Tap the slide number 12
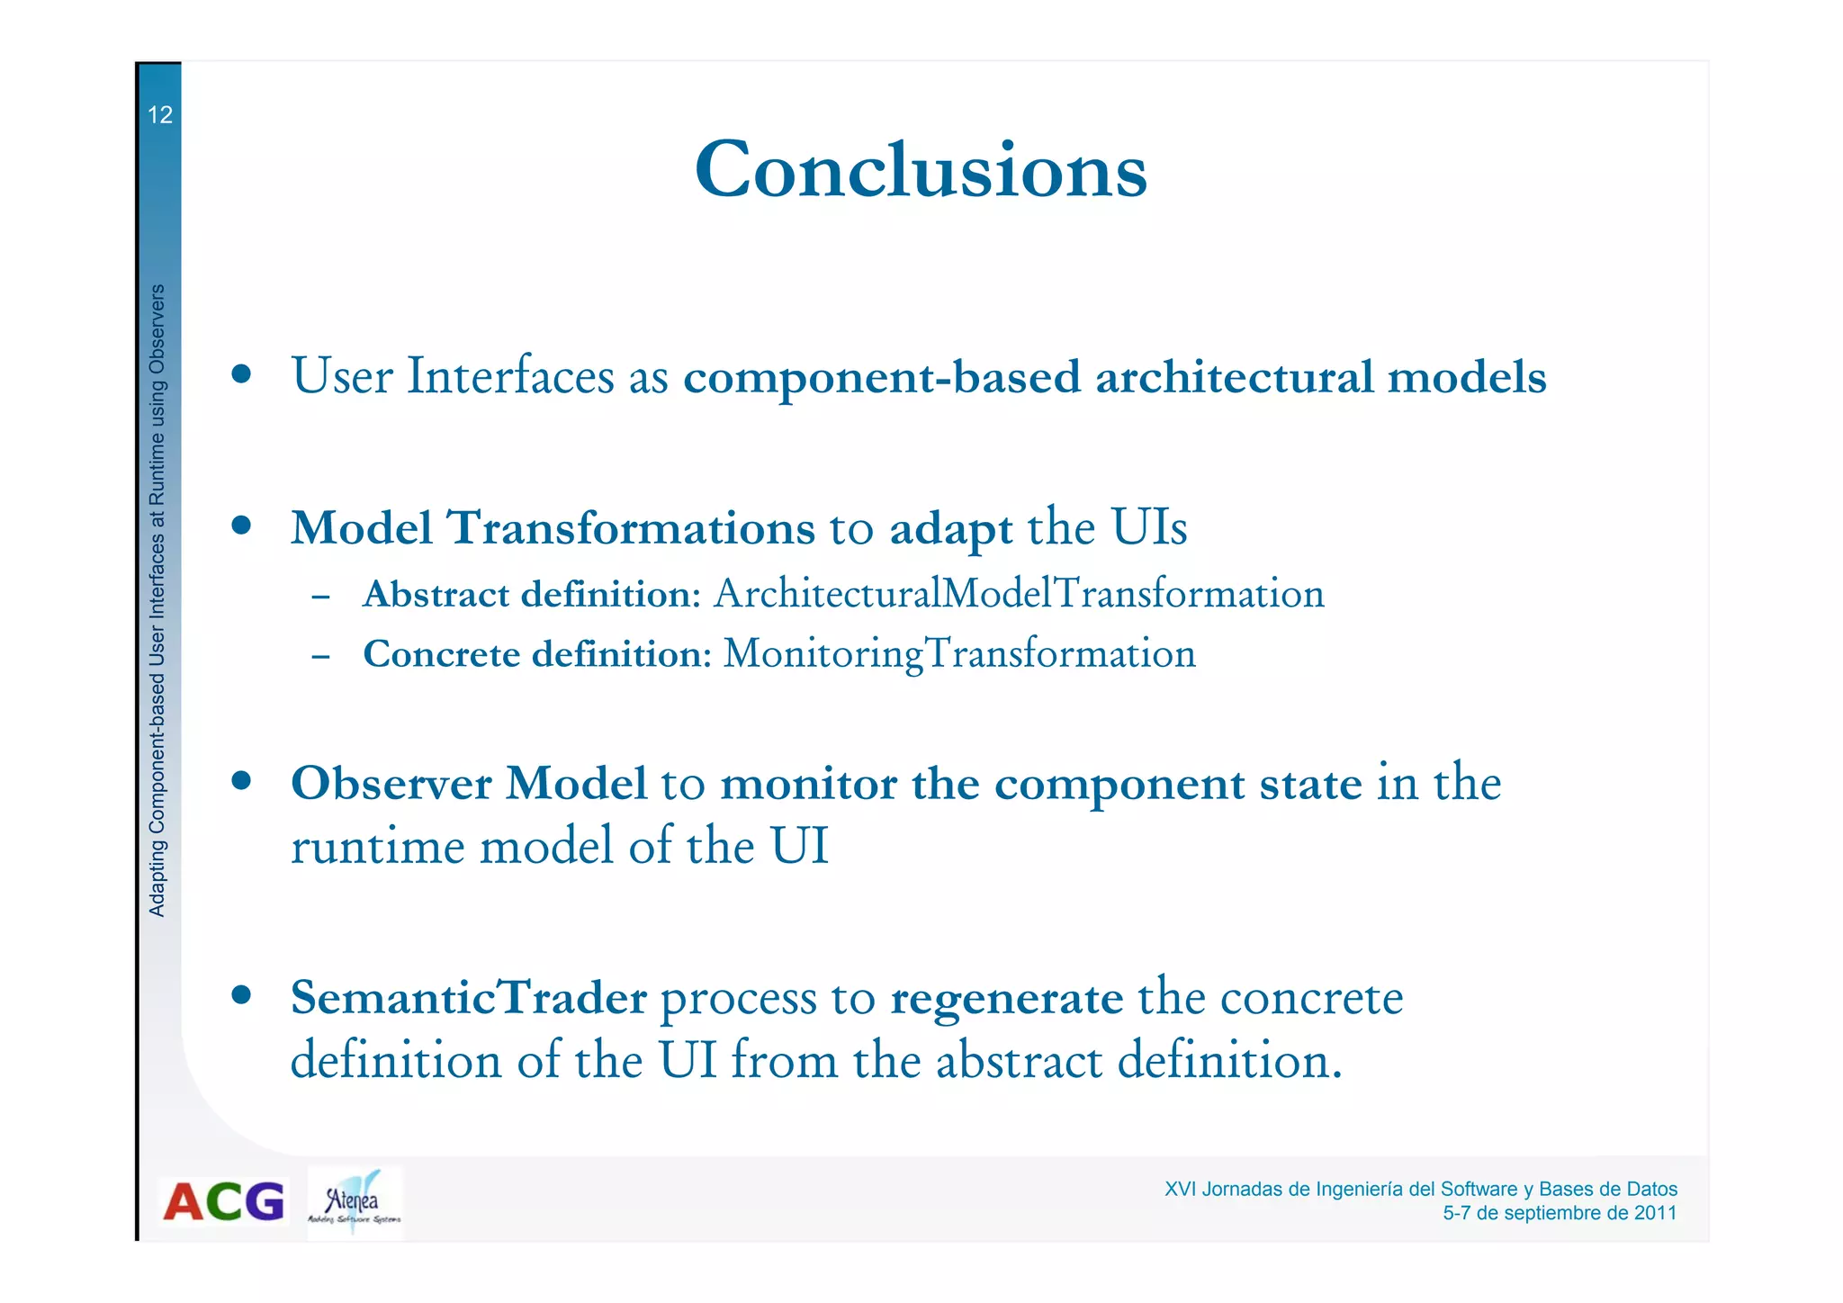(x=159, y=115)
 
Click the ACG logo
(x=223, y=1201)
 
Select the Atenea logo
(x=354, y=1203)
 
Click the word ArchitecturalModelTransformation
(x=1019, y=594)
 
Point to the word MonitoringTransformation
(x=959, y=653)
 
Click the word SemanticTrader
(x=468, y=998)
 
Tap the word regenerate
(x=1006, y=1000)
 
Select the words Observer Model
(x=468, y=783)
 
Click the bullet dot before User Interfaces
(x=240, y=373)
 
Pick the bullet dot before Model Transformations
(x=240, y=525)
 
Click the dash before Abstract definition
(x=320, y=597)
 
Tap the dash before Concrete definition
(x=320, y=656)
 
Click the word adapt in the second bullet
(x=950, y=529)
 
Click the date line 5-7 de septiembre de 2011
(x=1559, y=1213)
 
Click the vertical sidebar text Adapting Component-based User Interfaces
(x=157, y=601)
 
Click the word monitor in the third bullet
(x=808, y=783)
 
